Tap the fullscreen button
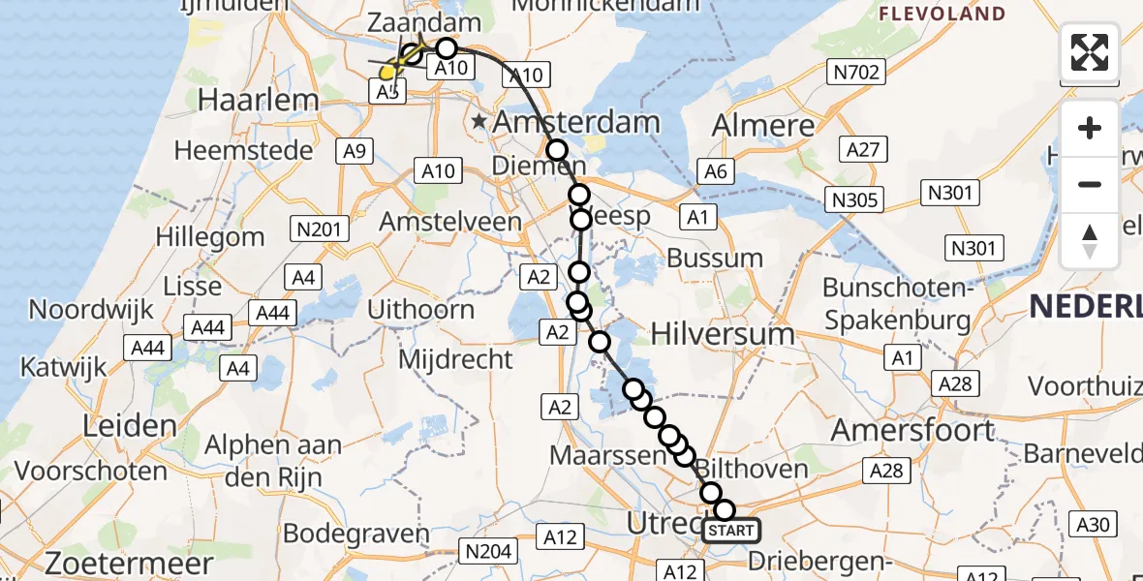[1090, 52]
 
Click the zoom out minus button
[1090, 184]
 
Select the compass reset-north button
[1090, 240]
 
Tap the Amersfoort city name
[912, 429]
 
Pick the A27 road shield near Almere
[862, 149]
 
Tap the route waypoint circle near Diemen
[557, 150]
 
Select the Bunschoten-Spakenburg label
[897, 304]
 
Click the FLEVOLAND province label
[941, 15]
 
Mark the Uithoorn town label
[421, 310]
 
